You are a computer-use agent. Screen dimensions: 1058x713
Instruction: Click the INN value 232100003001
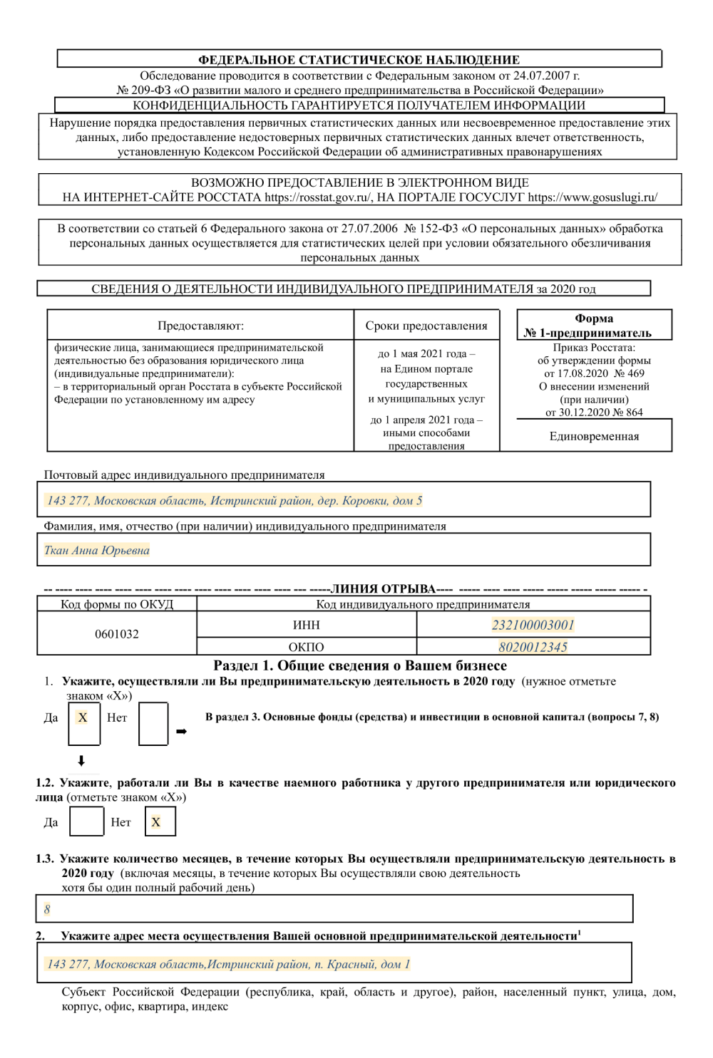pos(533,625)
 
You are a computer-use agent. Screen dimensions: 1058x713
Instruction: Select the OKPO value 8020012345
pos(533,647)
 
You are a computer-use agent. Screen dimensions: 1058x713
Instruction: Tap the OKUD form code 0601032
pos(117,633)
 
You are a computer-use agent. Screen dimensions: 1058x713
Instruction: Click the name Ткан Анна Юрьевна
pos(97,550)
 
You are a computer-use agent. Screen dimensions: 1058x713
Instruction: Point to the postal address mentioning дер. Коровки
pos(235,500)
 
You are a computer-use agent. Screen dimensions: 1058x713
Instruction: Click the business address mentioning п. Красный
pos(228,964)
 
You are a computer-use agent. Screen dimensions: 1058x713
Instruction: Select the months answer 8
pos(47,909)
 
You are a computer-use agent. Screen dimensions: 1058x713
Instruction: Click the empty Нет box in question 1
pos(153,723)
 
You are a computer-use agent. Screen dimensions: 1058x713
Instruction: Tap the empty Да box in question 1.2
pos(87,821)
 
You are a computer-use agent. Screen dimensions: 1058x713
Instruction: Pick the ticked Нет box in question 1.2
pos(160,821)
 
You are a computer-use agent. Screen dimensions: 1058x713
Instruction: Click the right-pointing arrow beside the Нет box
pos(181,732)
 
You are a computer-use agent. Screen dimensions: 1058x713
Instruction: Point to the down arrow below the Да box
pos(81,761)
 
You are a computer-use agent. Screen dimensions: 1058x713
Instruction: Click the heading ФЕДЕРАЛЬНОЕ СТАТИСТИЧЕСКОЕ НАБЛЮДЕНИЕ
pos(359,60)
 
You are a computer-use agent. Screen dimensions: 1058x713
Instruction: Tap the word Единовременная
pos(594,436)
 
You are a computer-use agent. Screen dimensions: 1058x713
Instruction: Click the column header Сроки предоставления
pos(426,326)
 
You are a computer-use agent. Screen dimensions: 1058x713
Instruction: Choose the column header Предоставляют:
pos(200,326)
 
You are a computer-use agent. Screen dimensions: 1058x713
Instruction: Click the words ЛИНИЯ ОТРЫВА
pos(383,589)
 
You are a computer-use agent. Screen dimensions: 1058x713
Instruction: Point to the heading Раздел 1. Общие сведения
pos(360,665)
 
